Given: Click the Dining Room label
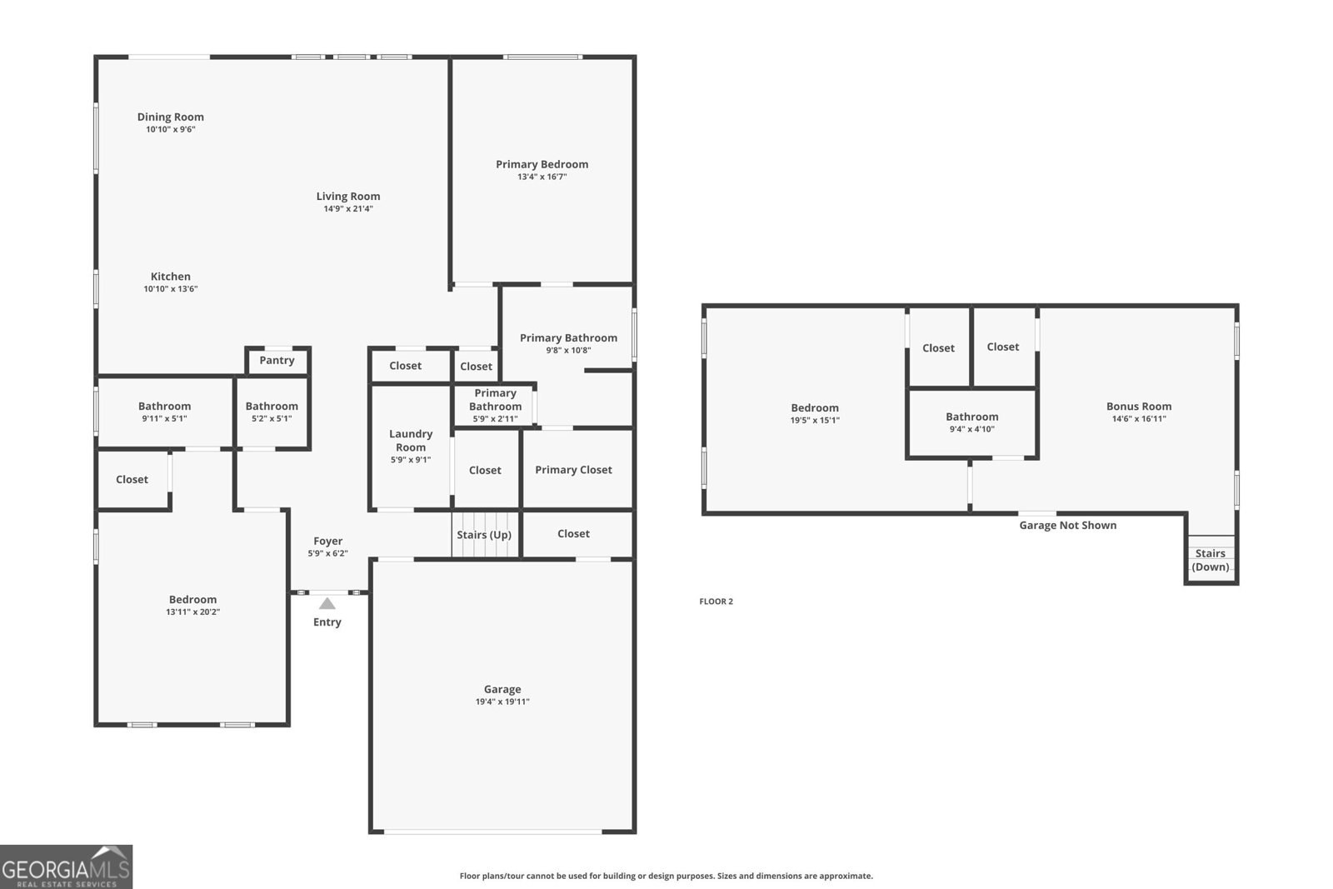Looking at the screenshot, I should coord(170,117).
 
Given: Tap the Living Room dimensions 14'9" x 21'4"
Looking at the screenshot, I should coord(348,209).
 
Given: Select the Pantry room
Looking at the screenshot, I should coord(277,361).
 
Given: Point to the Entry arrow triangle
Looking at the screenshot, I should coord(327,604).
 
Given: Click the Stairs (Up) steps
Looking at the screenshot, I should coord(484,536).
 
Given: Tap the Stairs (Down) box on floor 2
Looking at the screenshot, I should coord(1211,560).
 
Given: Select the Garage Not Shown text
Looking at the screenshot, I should coord(1067,526).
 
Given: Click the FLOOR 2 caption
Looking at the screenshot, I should coord(716,602).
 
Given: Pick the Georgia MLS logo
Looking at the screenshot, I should coord(66,867).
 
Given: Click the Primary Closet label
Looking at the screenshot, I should coord(573,470).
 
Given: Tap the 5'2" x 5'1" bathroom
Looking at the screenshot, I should coord(272,412).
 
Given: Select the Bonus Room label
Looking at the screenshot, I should coord(1139,407).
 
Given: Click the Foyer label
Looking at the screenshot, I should coord(327,542).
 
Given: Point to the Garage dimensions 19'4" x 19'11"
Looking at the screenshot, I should coord(502,702).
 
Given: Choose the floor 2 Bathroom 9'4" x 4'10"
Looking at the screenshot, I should coord(971,422).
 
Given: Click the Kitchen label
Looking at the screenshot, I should coord(170,277).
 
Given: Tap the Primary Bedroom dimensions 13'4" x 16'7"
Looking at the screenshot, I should coord(542,177).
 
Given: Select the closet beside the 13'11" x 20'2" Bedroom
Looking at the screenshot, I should coord(132,480).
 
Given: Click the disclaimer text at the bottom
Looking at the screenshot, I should coord(666,876).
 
